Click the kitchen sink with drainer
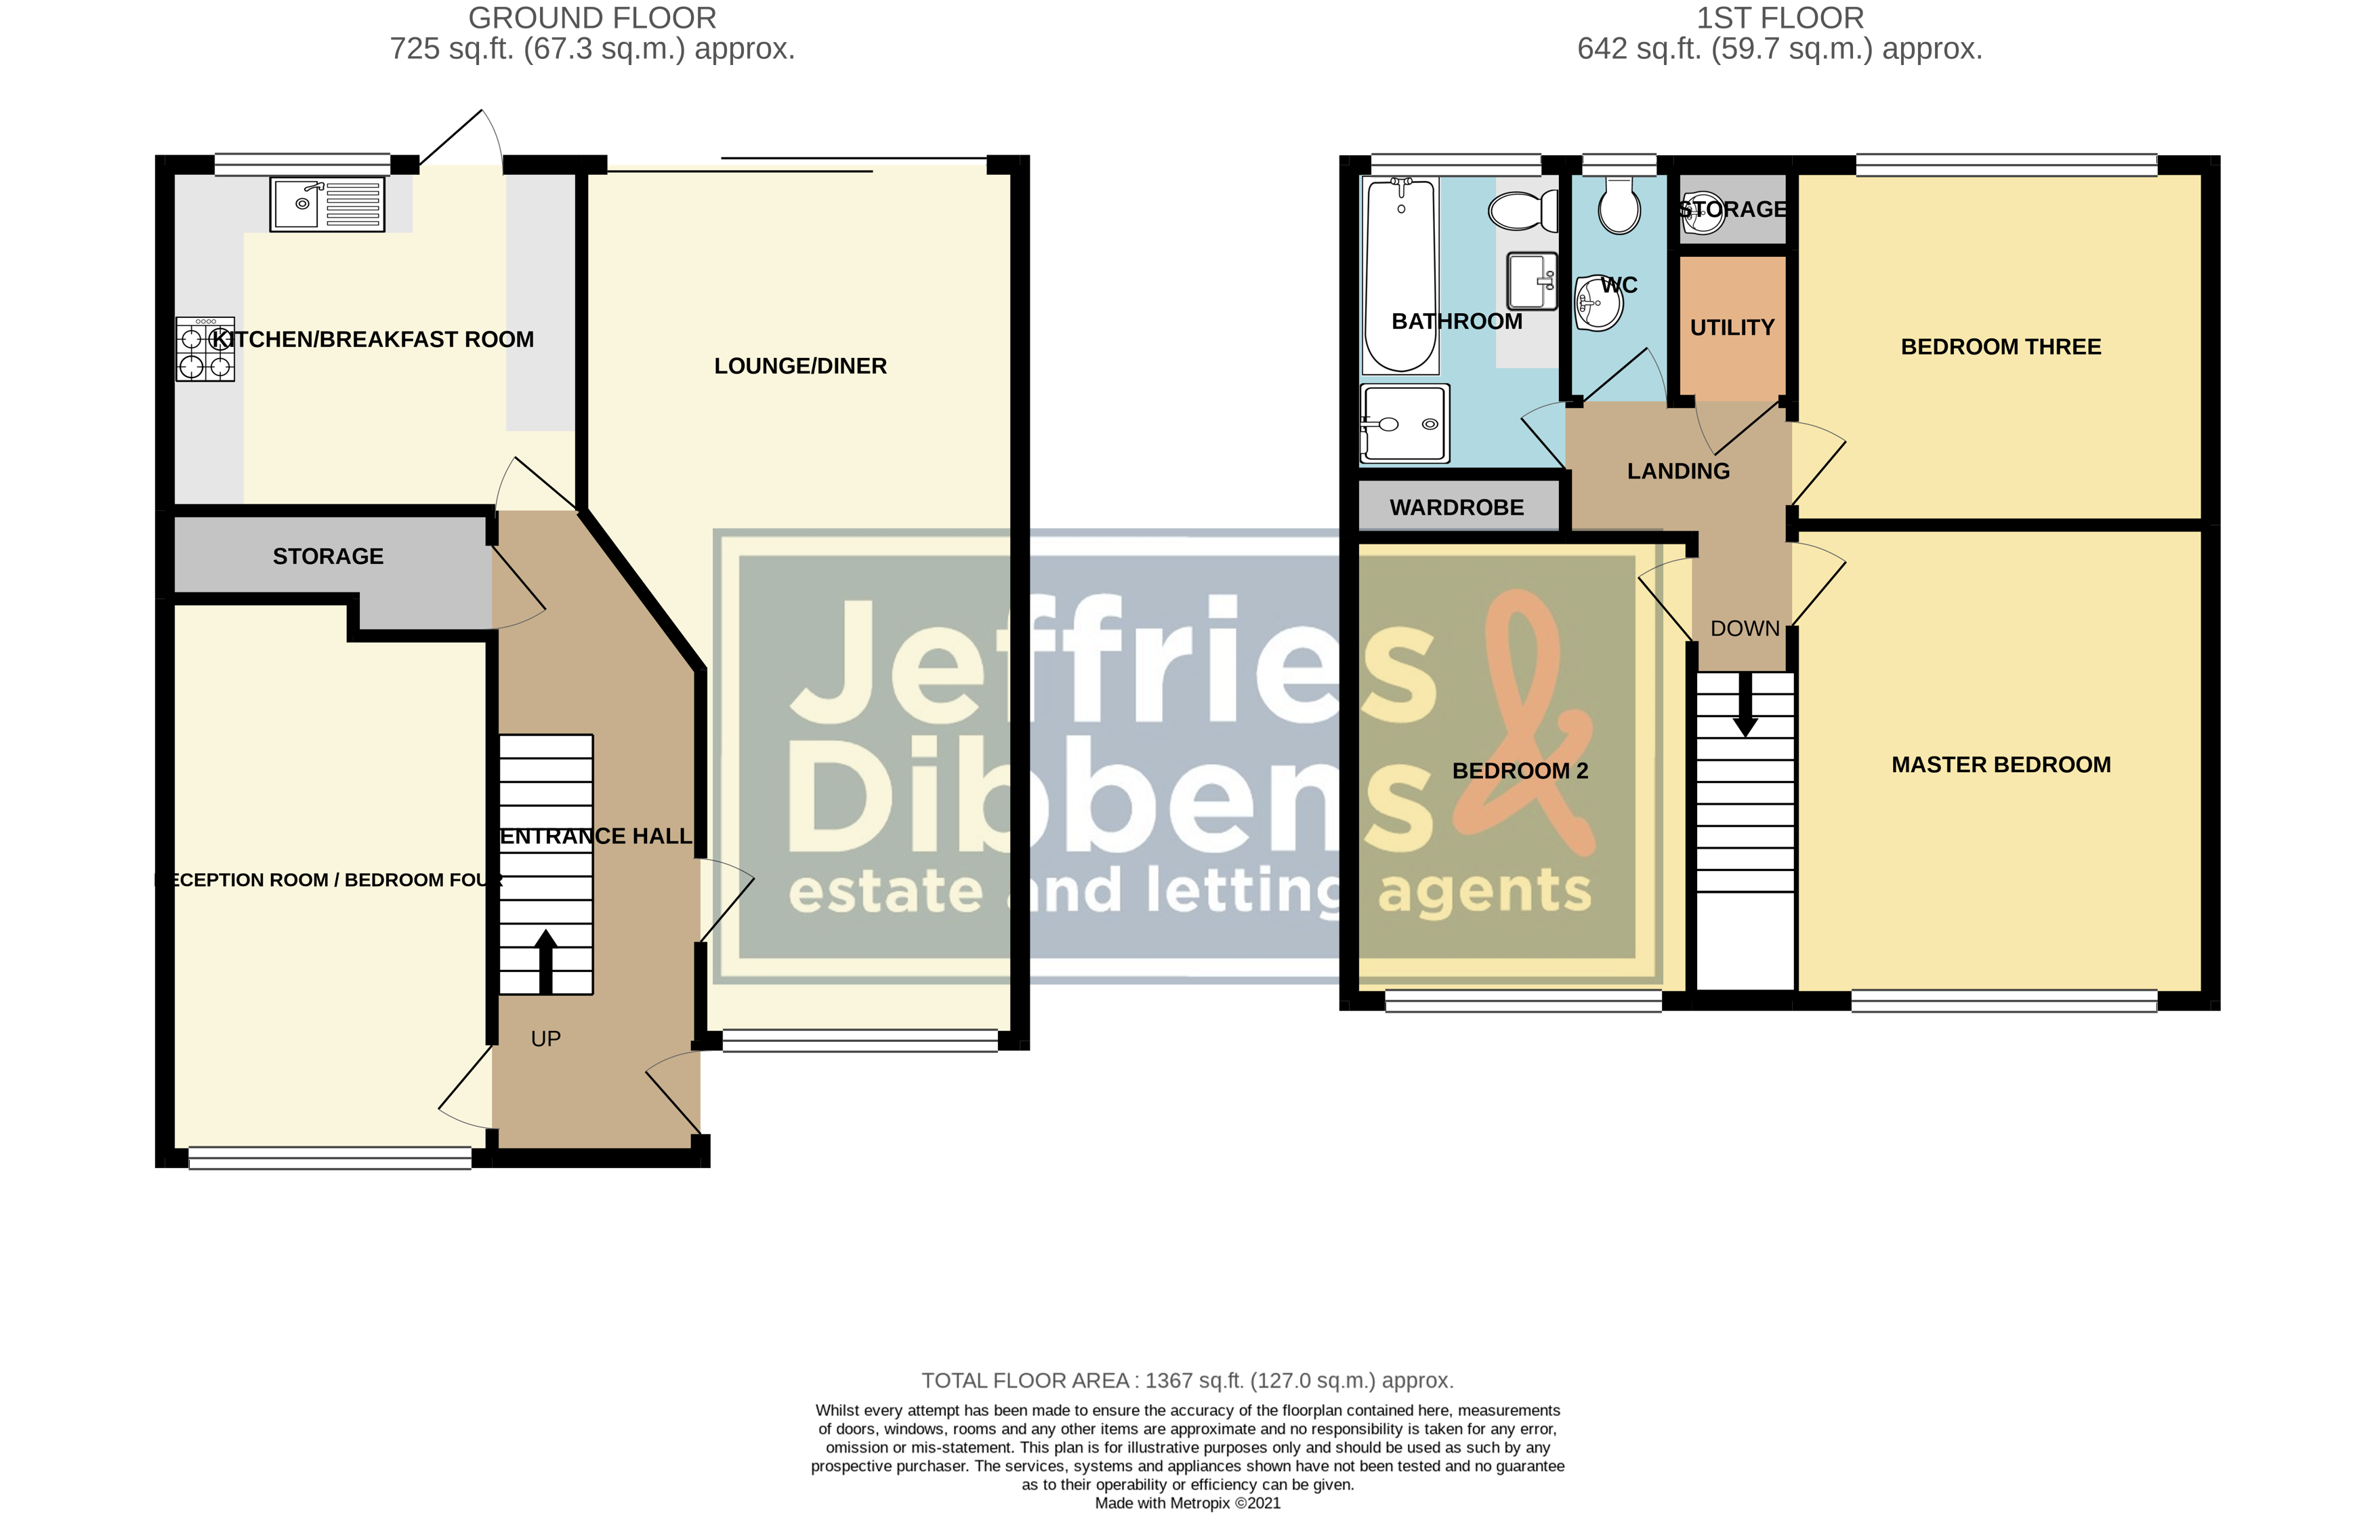327,204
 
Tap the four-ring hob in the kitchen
205,349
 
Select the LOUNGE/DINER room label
800,366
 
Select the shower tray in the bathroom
1405,424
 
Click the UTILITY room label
1732,327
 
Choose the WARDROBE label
1457,507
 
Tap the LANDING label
1677,472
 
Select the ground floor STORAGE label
328,557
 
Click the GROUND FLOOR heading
592,18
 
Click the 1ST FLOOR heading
1779,18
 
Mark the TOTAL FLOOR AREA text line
1187,1381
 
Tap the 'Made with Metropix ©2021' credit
1187,1503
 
